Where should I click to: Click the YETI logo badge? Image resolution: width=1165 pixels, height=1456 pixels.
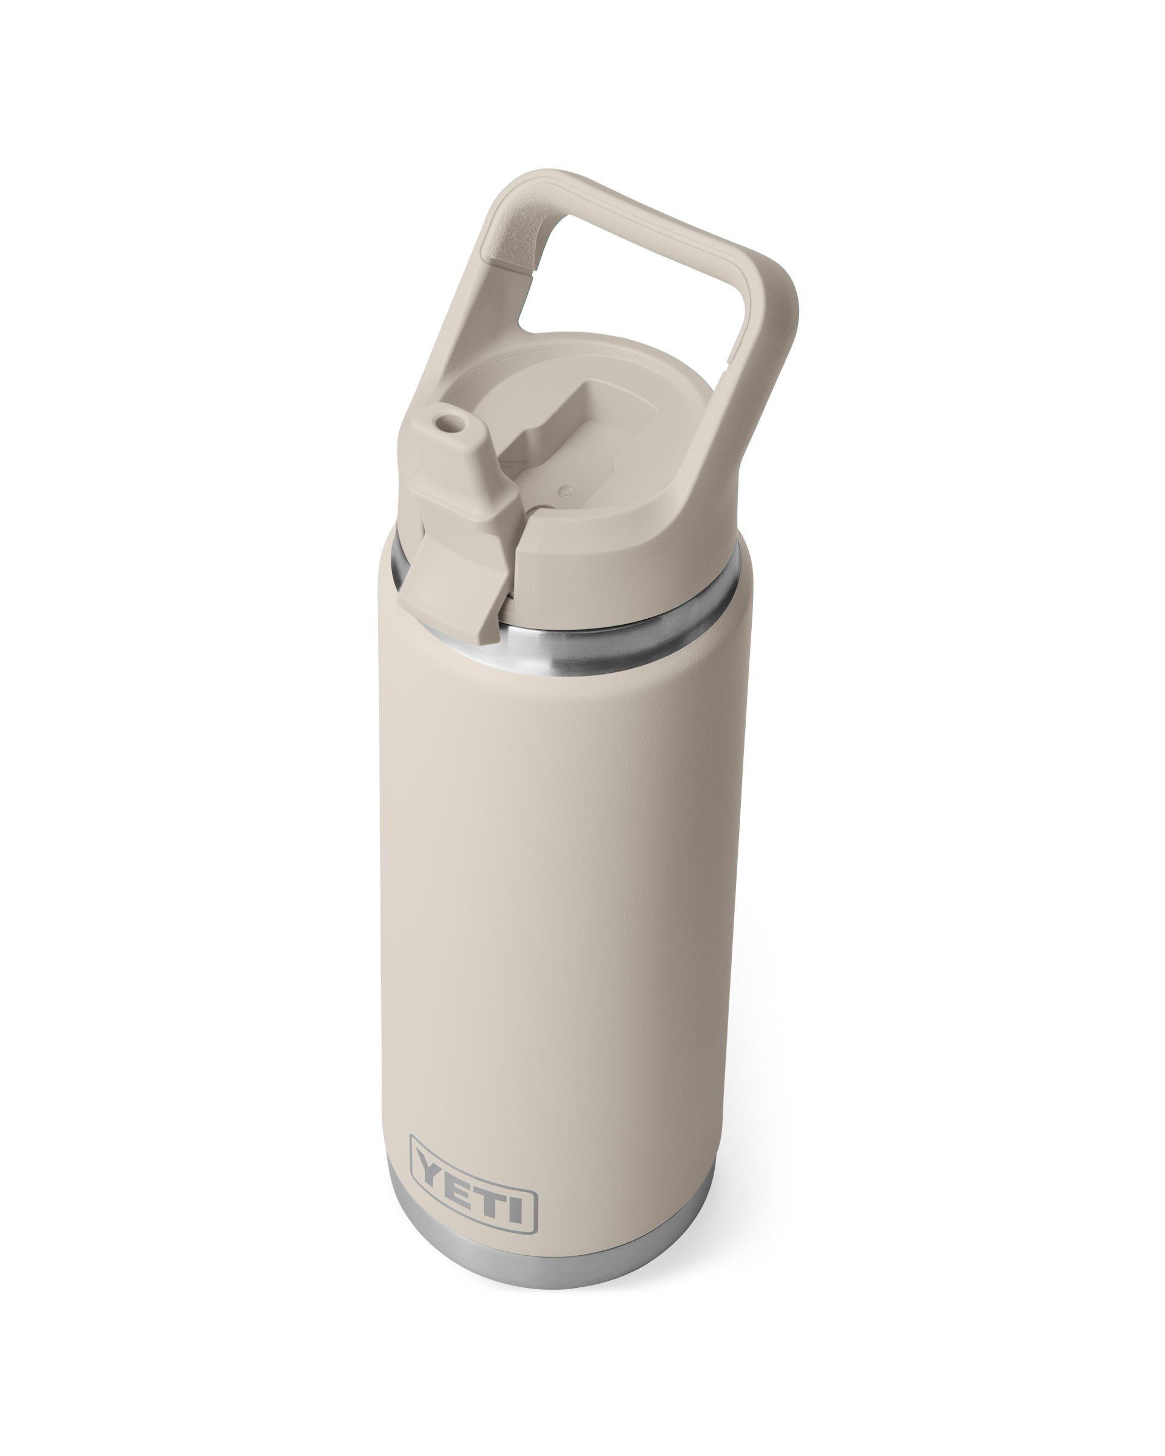pos(473,1172)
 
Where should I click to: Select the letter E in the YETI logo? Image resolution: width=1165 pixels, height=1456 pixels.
pos(459,1168)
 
